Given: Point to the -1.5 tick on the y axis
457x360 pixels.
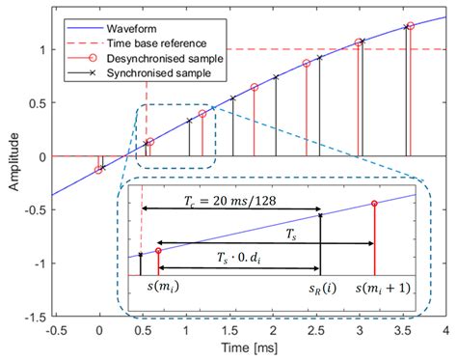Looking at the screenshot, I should pyautogui.click(x=32, y=316).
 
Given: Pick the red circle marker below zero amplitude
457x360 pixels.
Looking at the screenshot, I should pyautogui.click(x=98, y=170).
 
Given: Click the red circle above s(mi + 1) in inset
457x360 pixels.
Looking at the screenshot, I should pyautogui.click(x=374, y=204).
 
